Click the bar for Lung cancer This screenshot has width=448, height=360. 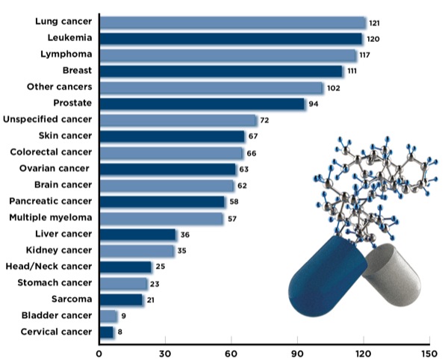coord(232,22)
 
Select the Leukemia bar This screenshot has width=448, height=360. coord(231,39)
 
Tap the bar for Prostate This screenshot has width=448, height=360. coord(202,104)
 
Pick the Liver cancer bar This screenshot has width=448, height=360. coord(138,235)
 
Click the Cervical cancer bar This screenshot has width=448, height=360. coord(107,332)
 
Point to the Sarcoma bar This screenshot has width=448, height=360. coord(121,300)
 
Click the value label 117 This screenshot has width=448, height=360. coord(367,55)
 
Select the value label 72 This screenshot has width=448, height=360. coord(264,120)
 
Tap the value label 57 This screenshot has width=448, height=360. coord(232,218)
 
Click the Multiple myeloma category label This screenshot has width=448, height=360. coord(50,217)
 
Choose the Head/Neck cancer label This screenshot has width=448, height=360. coord(48,267)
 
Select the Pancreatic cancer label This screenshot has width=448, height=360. coord(50,202)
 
